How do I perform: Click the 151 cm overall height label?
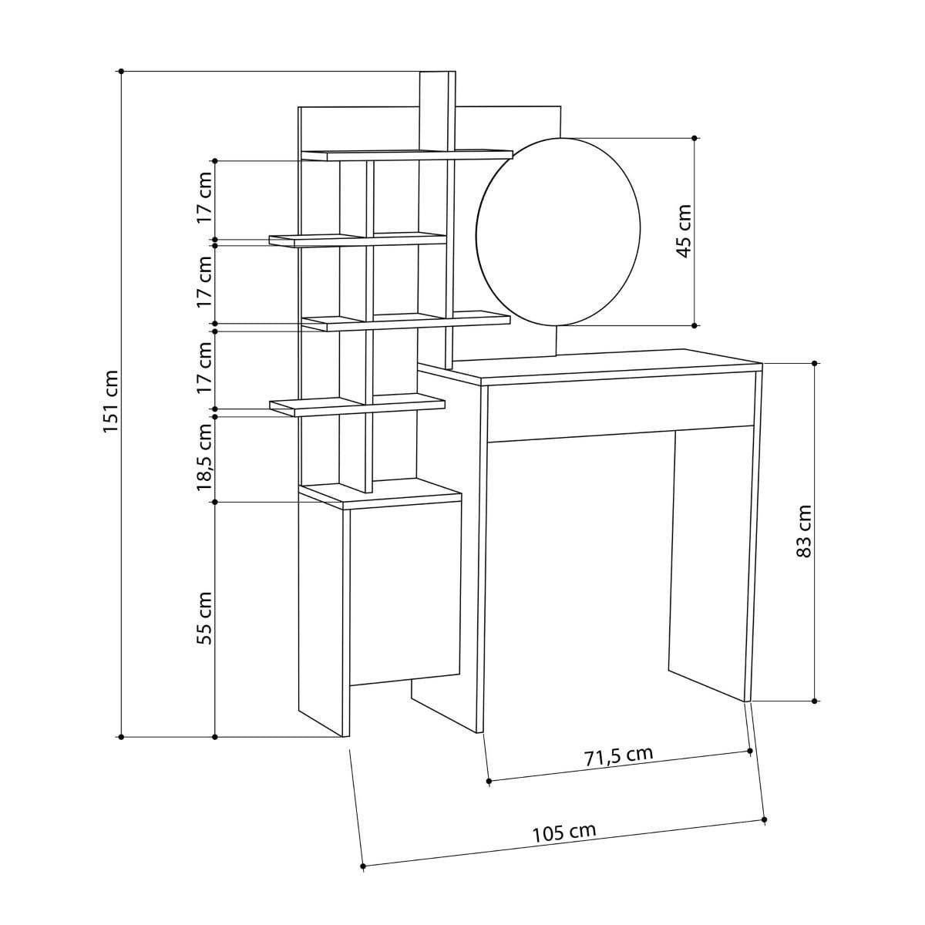point(111,402)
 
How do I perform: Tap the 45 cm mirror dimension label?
point(684,231)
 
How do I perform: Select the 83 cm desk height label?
point(803,531)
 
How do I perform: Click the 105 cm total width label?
point(564,832)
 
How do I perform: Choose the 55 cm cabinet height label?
point(205,617)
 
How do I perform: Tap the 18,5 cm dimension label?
point(205,457)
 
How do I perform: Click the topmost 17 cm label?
point(205,197)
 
